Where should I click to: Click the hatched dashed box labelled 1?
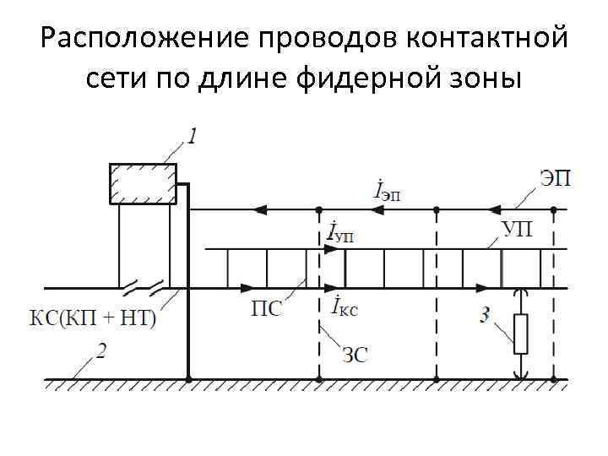(x=143, y=184)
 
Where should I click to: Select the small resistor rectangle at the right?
(x=521, y=334)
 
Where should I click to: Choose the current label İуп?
(x=339, y=231)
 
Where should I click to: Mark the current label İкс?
(x=341, y=308)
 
